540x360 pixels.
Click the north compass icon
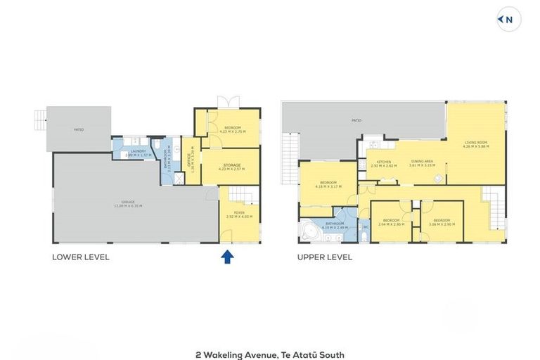509,20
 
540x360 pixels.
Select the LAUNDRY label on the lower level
138,151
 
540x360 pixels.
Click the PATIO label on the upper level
357,121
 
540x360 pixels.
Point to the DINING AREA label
422,162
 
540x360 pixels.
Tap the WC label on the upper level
366,226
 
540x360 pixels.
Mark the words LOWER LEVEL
81,257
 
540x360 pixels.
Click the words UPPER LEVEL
325,257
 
